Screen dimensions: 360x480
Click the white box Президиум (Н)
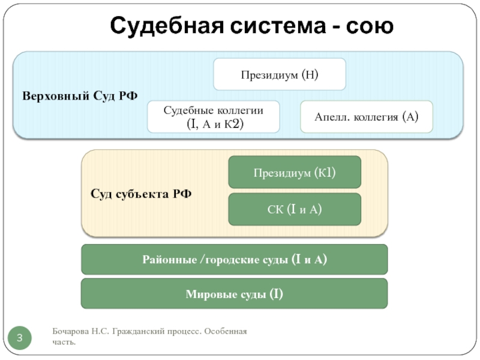click(x=280, y=75)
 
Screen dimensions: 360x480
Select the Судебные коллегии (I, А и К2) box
click(x=214, y=116)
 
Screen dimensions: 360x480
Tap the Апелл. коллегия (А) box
click(x=366, y=116)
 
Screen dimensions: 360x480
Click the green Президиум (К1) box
click(x=295, y=172)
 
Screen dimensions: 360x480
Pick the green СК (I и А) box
click(x=295, y=209)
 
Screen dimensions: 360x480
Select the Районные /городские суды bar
click(x=235, y=260)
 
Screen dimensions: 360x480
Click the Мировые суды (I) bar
click(x=235, y=294)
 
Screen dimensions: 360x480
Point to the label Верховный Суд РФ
click(x=80, y=96)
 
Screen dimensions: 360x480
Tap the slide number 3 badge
click(x=20, y=338)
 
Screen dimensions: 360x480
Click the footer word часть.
click(x=64, y=342)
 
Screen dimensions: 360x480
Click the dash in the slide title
click(x=328, y=27)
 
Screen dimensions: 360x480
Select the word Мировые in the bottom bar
click(x=205, y=294)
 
